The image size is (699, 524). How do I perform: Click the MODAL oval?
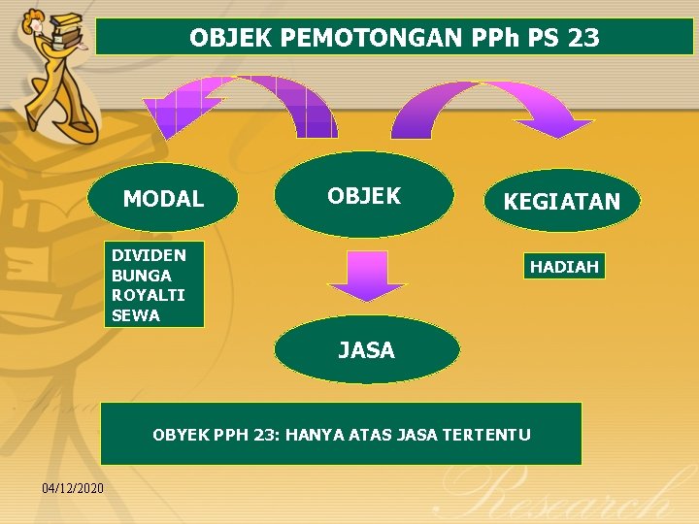coord(163,199)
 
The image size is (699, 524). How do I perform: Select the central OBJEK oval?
coord(364,195)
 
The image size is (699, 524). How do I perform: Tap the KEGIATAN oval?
coord(561,202)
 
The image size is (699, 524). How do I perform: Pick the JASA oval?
coord(367,350)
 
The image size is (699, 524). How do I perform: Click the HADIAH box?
coord(564,266)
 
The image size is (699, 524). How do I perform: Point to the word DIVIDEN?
coord(149,255)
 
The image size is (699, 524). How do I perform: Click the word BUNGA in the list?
coord(142,276)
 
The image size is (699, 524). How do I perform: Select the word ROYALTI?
coord(149,295)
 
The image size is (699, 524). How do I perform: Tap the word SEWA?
coord(136,315)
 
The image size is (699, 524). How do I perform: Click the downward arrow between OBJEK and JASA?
coord(366,276)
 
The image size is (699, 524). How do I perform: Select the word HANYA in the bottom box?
coord(314,435)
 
